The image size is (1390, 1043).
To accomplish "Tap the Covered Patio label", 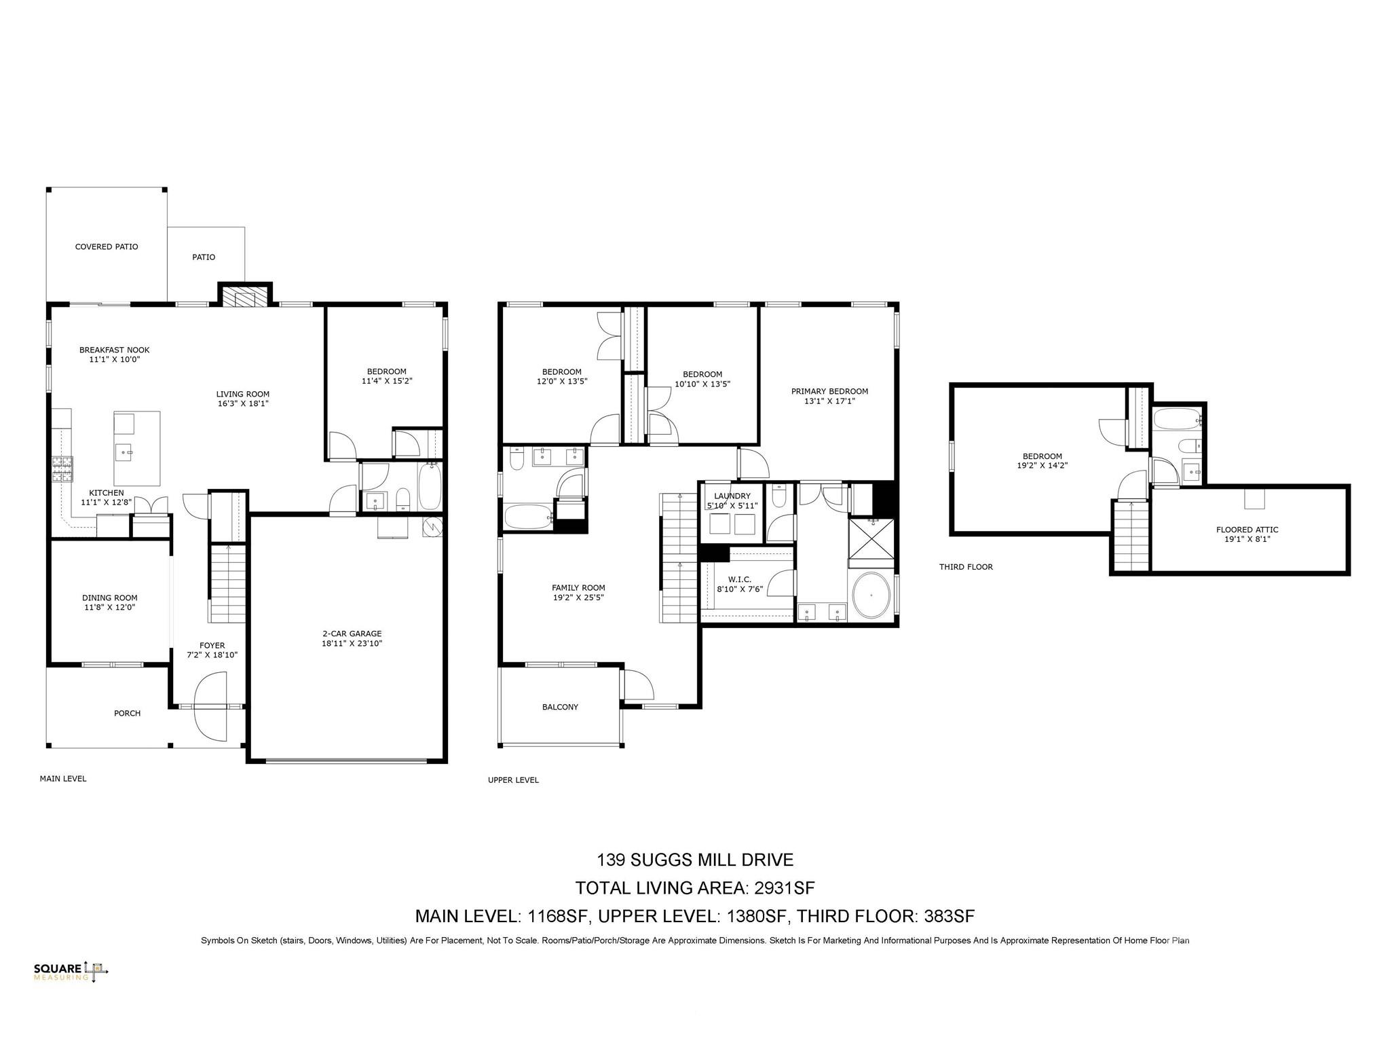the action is tap(107, 246).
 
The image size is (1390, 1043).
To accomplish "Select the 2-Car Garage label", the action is tap(352, 638).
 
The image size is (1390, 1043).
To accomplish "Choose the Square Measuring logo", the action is tap(71, 972).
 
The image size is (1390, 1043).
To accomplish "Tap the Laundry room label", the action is tap(732, 500).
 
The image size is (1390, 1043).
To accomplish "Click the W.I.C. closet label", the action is tap(739, 584).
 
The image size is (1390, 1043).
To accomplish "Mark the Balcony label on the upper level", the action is tap(561, 707).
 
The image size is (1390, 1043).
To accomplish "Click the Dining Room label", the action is tap(109, 602).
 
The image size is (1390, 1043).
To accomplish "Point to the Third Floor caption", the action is tap(966, 567).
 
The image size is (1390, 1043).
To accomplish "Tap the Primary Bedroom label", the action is tap(829, 396).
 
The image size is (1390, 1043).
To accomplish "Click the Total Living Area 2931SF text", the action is tap(695, 888).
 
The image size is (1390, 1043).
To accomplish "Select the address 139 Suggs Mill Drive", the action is tap(695, 860).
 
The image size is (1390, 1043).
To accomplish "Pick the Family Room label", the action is tap(578, 593).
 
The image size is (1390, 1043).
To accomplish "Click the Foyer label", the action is tap(212, 650).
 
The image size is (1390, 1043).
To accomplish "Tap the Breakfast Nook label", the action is tap(114, 354).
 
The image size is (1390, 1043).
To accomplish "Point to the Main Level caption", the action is tap(63, 779).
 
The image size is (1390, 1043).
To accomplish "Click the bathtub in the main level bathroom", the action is tap(430, 486).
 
